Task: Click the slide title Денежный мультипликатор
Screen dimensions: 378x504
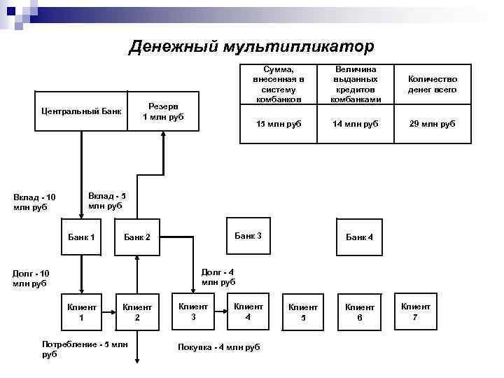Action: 252,46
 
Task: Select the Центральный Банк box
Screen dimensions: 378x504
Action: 81,111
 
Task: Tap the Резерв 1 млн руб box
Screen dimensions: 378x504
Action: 162,111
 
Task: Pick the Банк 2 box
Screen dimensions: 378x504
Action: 137,237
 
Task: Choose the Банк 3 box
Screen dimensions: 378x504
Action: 248,236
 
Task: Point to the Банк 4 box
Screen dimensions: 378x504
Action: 359,237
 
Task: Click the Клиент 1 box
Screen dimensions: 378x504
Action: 81,311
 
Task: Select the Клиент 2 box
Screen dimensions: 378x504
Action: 137,311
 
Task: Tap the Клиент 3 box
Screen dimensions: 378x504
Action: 193,311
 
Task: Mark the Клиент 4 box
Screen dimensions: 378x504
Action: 248,311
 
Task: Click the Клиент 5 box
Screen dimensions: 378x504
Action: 303,312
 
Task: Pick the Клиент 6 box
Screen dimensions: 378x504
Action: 359,312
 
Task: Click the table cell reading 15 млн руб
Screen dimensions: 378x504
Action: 275,124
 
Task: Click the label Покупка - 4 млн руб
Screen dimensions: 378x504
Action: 219,347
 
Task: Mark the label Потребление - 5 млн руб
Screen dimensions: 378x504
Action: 85,349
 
